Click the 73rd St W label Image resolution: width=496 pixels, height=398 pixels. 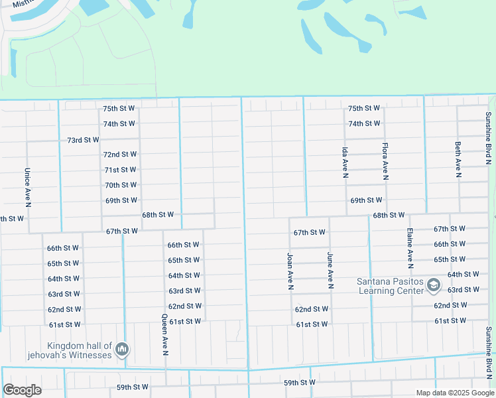click(x=83, y=140)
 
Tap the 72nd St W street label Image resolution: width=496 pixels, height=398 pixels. click(x=120, y=154)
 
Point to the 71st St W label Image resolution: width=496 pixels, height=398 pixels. click(x=121, y=170)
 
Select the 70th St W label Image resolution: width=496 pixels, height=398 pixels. click(x=121, y=185)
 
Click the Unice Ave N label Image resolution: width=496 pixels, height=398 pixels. click(x=27, y=186)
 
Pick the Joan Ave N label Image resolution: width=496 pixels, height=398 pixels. click(x=290, y=271)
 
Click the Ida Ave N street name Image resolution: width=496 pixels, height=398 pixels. click(x=345, y=163)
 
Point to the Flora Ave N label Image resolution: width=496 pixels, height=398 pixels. click(x=385, y=161)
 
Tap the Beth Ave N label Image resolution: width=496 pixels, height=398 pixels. click(x=458, y=160)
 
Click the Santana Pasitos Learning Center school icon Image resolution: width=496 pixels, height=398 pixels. click(x=434, y=286)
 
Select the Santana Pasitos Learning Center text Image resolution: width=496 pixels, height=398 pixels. click(x=390, y=286)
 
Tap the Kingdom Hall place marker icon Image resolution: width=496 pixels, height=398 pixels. click(x=121, y=349)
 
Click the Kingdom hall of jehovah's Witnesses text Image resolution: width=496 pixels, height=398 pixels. click(x=78, y=350)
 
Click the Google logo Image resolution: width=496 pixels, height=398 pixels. click(x=22, y=390)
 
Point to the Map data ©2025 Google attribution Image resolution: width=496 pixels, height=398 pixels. click(x=455, y=393)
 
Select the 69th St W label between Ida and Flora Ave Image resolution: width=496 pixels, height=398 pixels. click(x=366, y=200)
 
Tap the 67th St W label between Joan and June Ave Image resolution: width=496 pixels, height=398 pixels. click(x=310, y=232)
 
